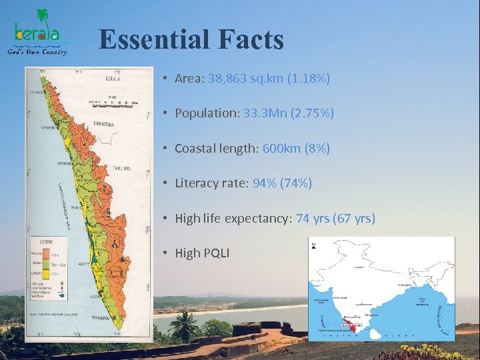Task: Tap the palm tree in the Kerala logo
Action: pyautogui.click(x=43, y=16)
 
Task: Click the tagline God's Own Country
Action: pyautogui.click(x=37, y=51)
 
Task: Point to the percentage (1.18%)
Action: pyautogui.click(x=309, y=79)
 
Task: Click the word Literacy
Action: pyautogui.click(x=197, y=183)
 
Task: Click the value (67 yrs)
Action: pyautogui.click(x=356, y=218)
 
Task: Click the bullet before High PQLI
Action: pyautogui.click(x=164, y=253)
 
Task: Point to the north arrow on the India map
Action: pyautogui.click(x=313, y=247)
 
